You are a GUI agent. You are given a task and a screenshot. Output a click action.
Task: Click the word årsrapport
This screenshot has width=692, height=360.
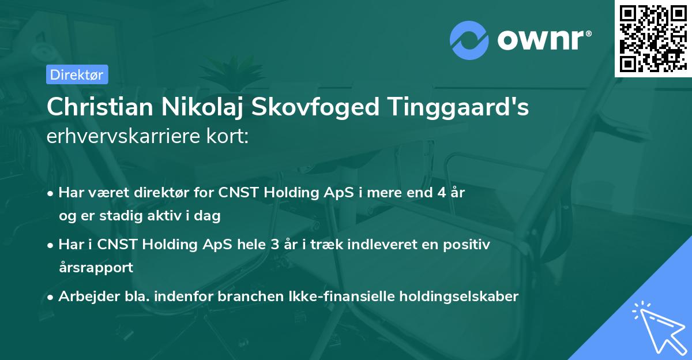[x=96, y=267]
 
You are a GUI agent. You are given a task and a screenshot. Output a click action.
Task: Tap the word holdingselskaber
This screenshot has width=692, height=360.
[x=454, y=297]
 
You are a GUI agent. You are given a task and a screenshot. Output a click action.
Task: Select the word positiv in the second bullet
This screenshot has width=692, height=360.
[x=469, y=245]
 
